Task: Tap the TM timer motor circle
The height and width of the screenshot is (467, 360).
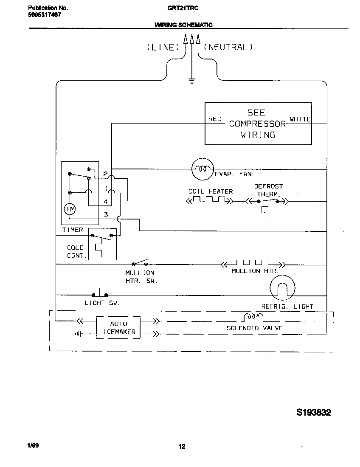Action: [x=69, y=209]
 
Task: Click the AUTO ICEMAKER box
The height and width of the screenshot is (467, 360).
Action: [x=118, y=328]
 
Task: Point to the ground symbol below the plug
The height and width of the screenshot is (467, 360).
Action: [x=191, y=81]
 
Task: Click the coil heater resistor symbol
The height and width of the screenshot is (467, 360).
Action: [x=210, y=200]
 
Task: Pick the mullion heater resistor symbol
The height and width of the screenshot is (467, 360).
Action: [x=253, y=263]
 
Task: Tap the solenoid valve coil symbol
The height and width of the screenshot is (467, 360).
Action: [x=253, y=318]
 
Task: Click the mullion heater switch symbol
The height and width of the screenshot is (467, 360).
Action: [x=141, y=263]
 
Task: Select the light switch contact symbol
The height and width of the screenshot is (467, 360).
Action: [x=100, y=293]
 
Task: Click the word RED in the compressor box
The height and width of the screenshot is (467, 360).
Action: [x=215, y=119]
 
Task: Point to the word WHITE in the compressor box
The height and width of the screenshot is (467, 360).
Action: [x=300, y=119]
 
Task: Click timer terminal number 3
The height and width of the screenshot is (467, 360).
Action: [x=106, y=214]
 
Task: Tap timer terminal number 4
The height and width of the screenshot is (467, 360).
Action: [x=106, y=201]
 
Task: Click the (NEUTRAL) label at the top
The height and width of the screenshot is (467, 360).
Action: [x=228, y=47]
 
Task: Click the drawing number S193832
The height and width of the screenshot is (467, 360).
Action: [x=313, y=413]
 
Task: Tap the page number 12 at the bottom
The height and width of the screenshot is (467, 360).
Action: [x=182, y=446]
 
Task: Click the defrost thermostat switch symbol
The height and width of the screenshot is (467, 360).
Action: [x=268, y=202]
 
